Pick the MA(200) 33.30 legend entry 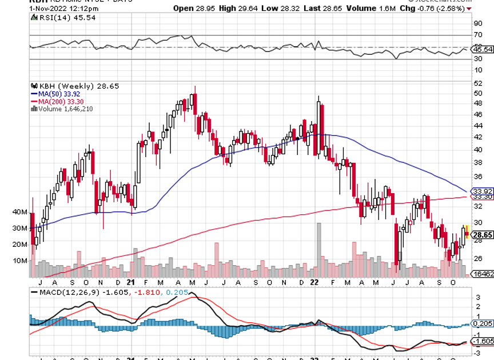click(58, 101)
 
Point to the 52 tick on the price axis click(476, 83)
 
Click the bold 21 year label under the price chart click(131, 282)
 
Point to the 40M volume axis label click(19, 212)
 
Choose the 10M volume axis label click(19, 261)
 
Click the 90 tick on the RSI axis click(476, 23)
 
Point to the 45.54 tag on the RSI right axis click(480, 50)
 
